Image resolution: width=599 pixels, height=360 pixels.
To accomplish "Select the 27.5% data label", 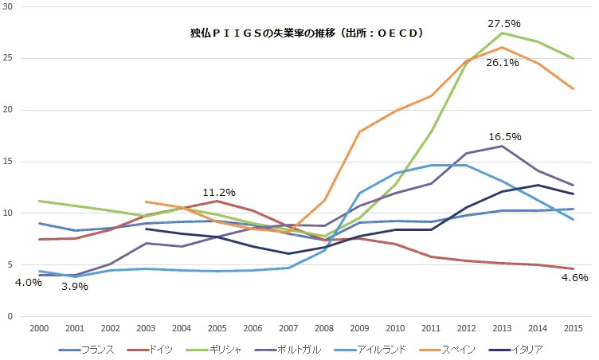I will pyautogui.click(x=504, y=24).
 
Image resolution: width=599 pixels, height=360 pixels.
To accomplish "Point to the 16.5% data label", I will pyautogui.click(x=504, y=136).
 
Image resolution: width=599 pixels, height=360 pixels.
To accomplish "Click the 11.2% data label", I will pyautogui.click(x=218, y=193).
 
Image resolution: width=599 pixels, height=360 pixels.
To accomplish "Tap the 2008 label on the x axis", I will pyautogui.click(x=324, y=327).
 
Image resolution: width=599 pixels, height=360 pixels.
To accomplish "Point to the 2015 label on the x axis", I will pyautogui.click(x=572, y=327).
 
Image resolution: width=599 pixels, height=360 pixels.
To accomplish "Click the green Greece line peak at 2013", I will pyautogui.click(x=501, y=33).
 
